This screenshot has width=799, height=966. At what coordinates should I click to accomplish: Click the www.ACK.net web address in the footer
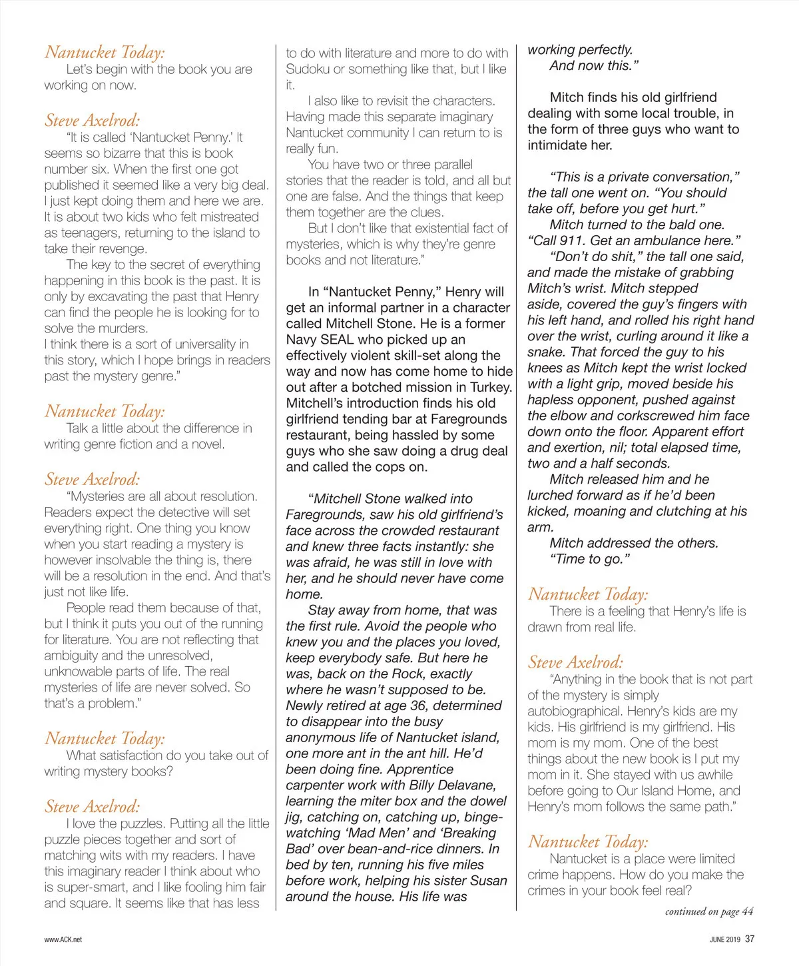pyautogui.click(x=63, y=939)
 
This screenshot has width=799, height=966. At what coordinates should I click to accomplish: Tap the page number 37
pyautogui.click(x=750, y=939)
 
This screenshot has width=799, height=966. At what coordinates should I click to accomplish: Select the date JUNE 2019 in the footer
pyautogui.click(x=724, y=939)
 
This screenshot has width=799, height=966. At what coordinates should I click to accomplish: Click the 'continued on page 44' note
pyautogui.click(x=709, y=911)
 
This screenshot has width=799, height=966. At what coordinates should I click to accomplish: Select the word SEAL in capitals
pyautogui.click(x=337, y=340)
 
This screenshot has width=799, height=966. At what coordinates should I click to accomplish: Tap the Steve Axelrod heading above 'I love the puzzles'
pyautogui.click(x=93, y=807)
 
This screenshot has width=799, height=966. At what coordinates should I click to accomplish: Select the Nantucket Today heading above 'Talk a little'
pyautogui.click(x=105, y=411)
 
